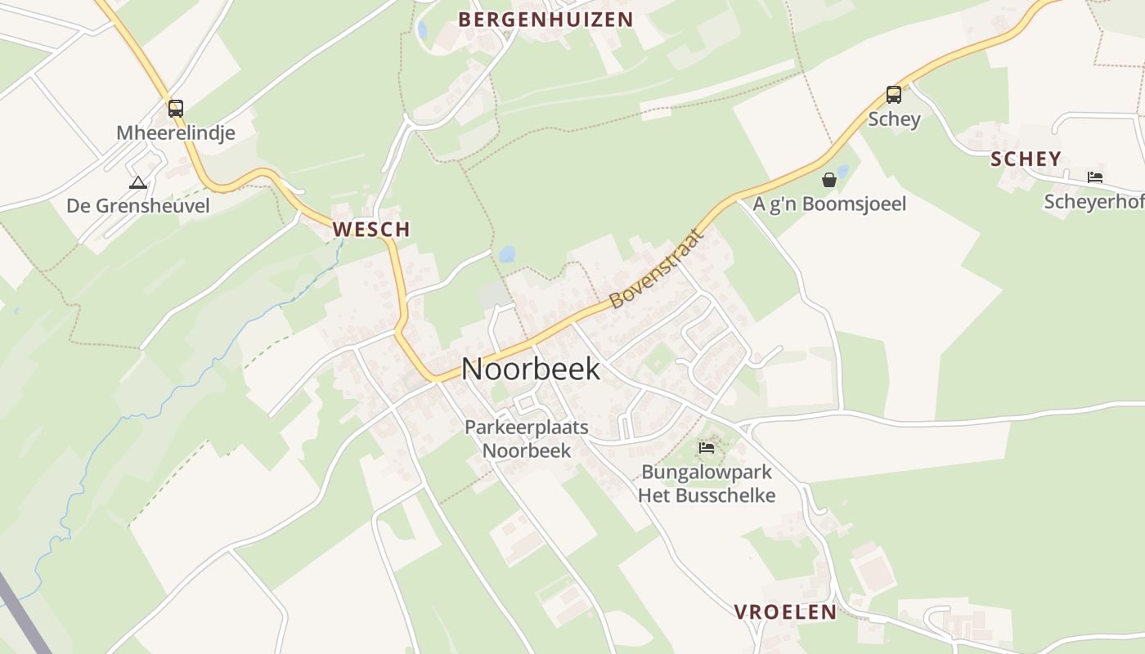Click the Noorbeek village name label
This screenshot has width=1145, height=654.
tap(531, 369)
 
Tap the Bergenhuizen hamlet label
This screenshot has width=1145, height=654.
tap(546, 20)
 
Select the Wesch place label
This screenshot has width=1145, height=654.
tap(371, 230)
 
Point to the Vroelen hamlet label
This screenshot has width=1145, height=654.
tap(785, 611)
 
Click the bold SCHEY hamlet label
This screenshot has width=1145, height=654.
tap(1026, 159)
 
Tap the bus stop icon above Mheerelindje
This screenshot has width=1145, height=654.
tap(175, 108)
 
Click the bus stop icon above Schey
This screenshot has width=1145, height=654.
tap(894, 95)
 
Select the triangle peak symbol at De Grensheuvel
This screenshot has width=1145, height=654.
tap(137, 182)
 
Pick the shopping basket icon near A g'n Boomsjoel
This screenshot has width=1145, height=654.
tap(829, 180)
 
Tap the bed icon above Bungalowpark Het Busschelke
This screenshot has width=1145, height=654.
tap(707, 447)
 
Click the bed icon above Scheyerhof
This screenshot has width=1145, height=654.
tap(1094, 177)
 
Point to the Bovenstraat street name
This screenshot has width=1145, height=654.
tap(657, 269)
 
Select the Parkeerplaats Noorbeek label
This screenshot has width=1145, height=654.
tap(526, 438)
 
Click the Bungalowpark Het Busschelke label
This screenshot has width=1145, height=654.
tap(707, 483)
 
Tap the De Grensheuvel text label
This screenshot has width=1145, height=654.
tap(138, 206)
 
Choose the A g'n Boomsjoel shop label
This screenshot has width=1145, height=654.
tap(829, 204)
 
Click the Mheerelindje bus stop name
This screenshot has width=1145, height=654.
tap(176, 132)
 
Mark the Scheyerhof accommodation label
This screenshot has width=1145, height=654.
tap(1093, 201)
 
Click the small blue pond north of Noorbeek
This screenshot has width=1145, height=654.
tap(507, 254)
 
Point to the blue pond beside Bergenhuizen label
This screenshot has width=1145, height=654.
tap(422, 30)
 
